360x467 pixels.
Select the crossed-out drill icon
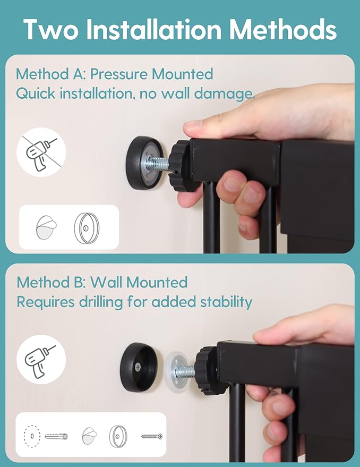coord(41,152)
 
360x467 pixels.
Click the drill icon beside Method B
coord(41,359)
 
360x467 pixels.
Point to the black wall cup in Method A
coord(145,163)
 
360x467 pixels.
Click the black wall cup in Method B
coord(139,367)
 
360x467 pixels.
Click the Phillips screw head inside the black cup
coord(138,367)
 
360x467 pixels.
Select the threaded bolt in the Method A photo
coord(158,164)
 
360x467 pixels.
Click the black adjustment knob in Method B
coord(209,371)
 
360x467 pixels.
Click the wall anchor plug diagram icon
coord(56,437)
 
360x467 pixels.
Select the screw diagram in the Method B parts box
coord(152,437)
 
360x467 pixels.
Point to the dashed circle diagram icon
coord(32,436)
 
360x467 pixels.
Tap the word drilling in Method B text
coord(101,302)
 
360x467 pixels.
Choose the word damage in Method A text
coord(224,94)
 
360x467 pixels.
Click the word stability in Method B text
coord(226,302)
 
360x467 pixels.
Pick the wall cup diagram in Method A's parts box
coord(87,228)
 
